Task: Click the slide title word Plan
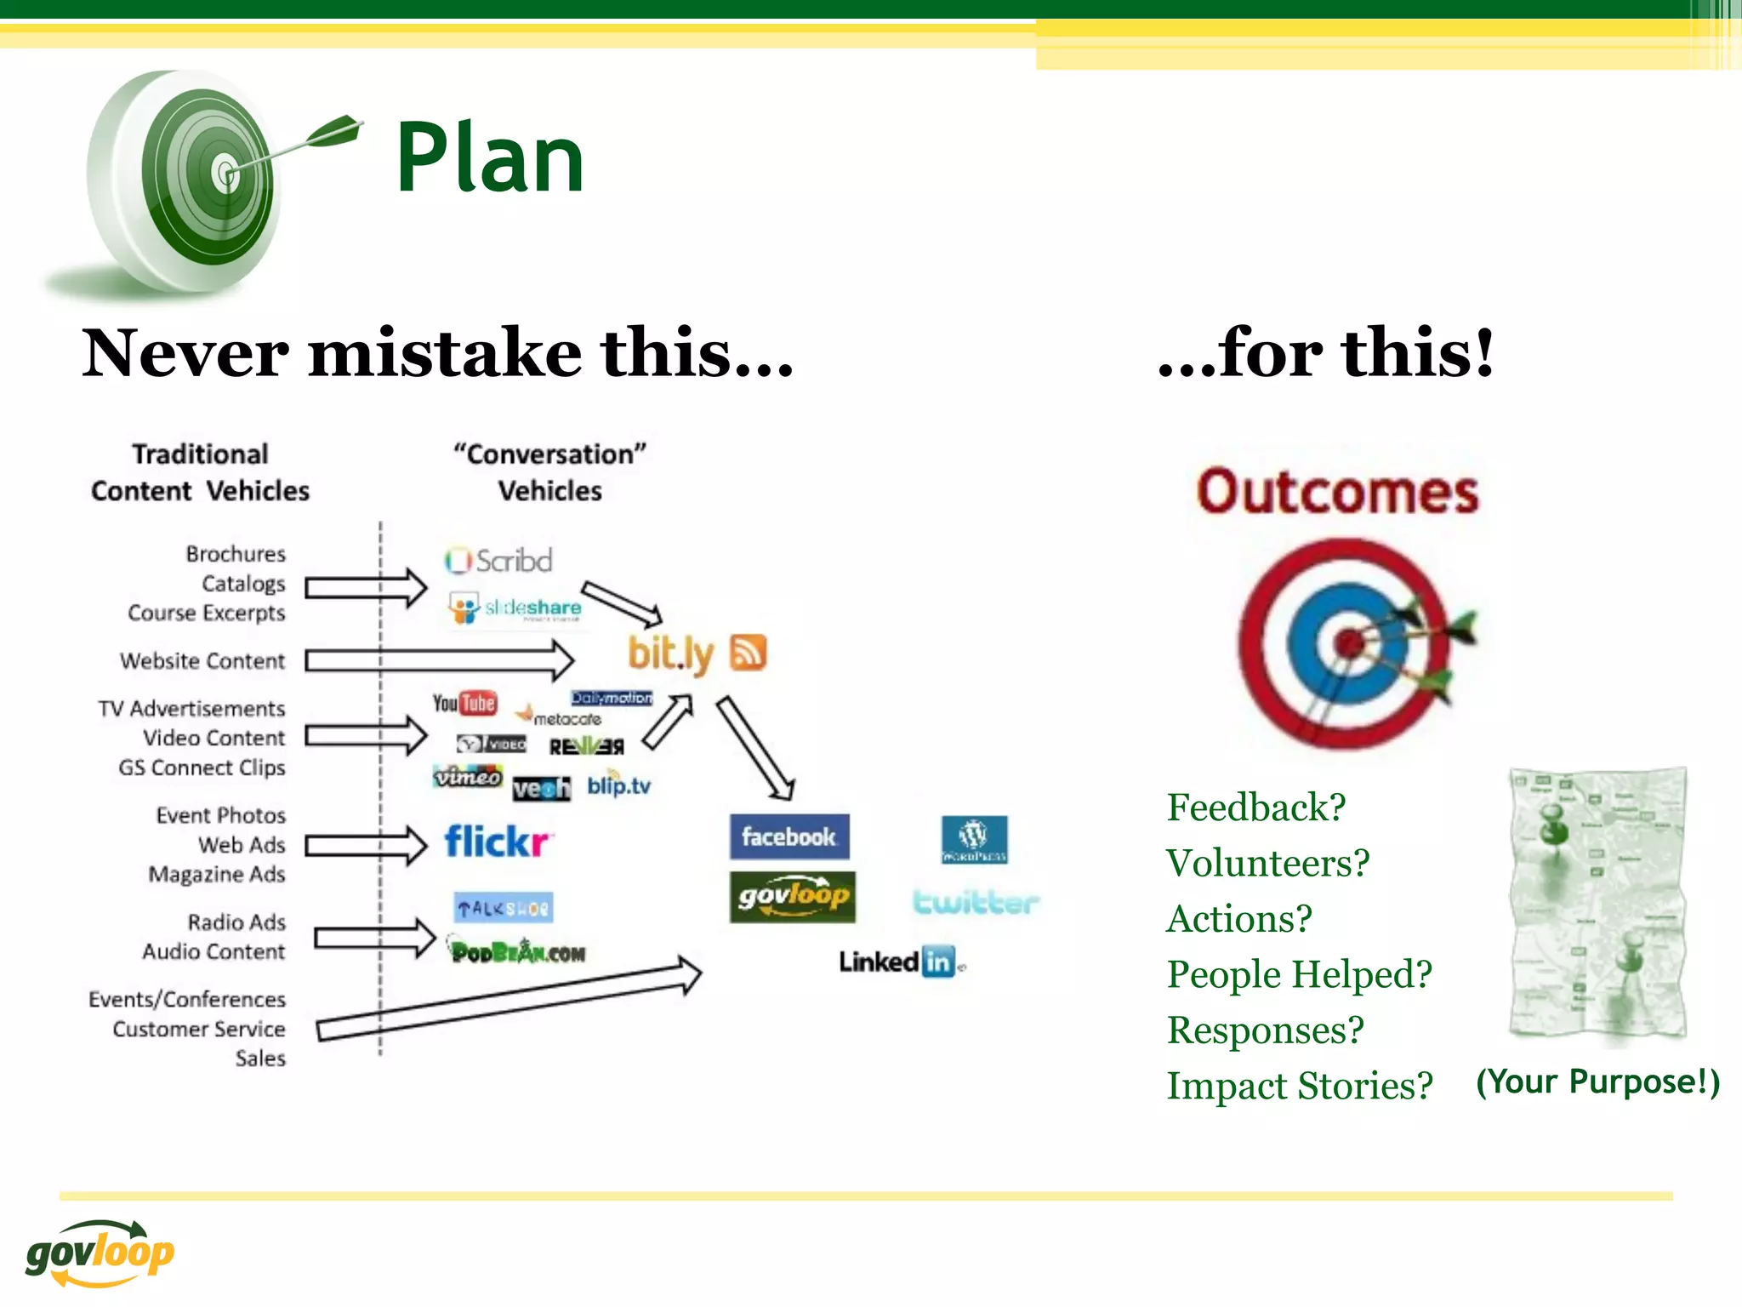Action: (490, 158)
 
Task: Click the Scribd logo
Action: (498, 561)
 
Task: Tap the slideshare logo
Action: (515, 608)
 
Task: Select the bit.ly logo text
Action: (670, 653)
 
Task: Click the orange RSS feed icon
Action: (749, 653)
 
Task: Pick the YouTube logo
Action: (464, 703)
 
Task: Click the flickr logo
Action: (498, 842)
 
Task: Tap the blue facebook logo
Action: (788, 837)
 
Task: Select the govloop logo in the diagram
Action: (792, 897)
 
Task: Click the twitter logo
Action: (976, 902)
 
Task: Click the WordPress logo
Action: (974, 839)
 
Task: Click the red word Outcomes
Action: (1337, 493)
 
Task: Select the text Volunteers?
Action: (1267, 864)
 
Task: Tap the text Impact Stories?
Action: (1299, 1086)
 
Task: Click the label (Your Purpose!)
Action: (1597, 1082)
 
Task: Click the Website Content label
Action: (202, 661)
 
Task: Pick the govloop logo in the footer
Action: (100, 1253)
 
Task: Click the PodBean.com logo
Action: (518, 951)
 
